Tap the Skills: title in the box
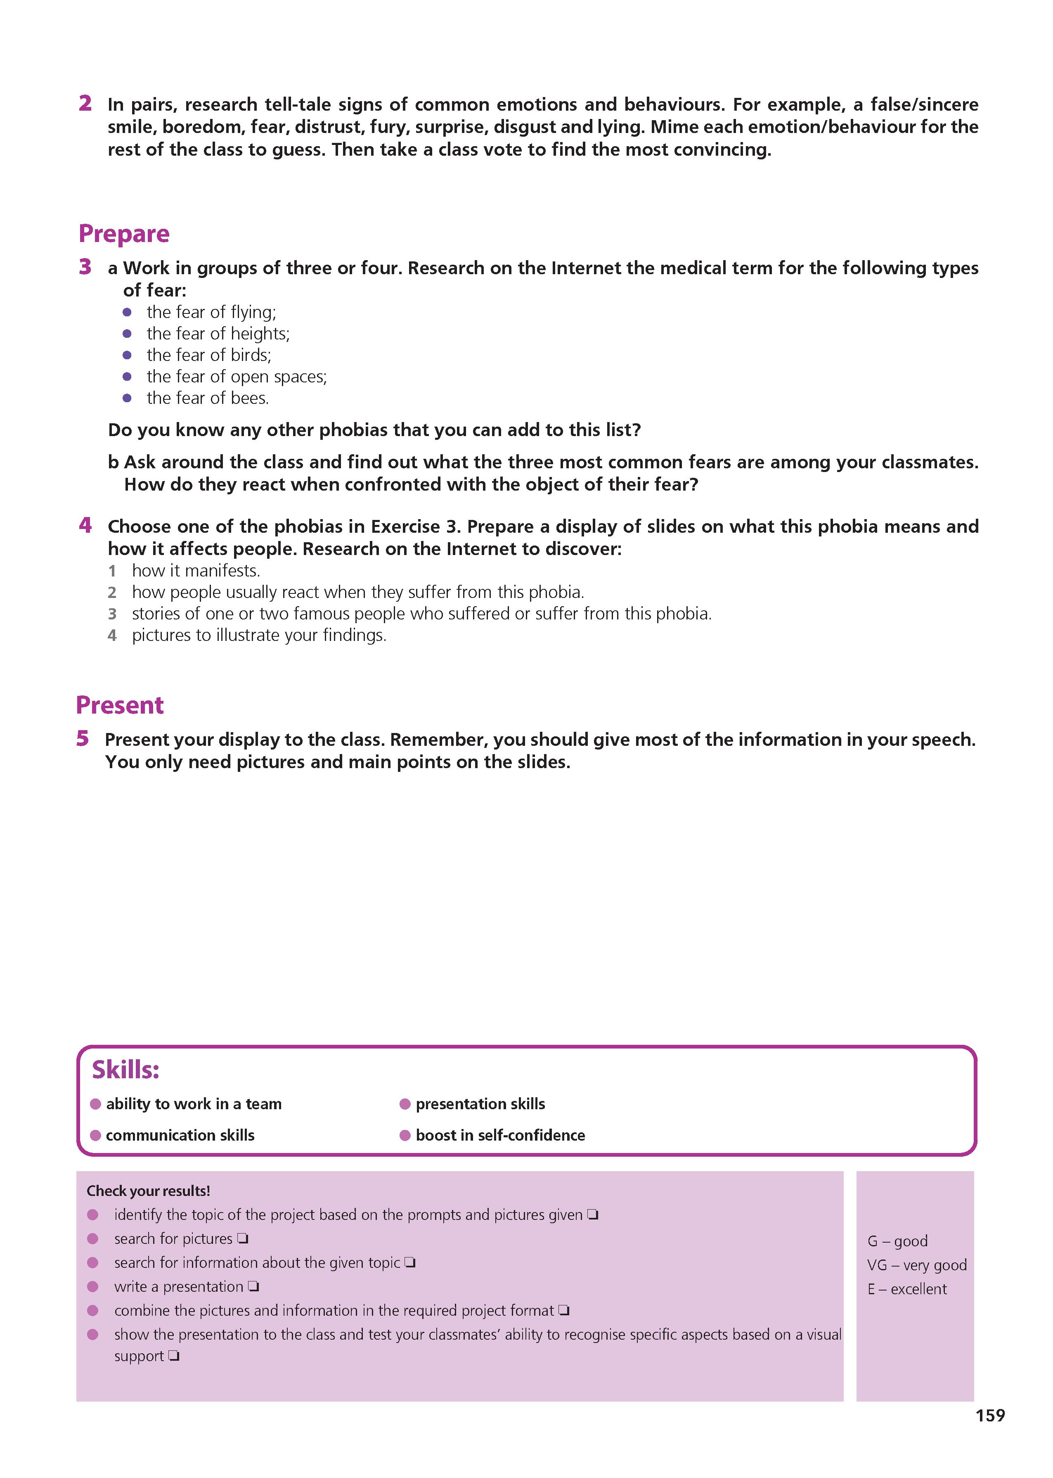coord(125,1070)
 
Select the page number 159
coord(990,1415)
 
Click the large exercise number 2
coord(85,103)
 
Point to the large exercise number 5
coord(82,739)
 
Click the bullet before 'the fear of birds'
coord(127,356)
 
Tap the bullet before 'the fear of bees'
coord(127,398)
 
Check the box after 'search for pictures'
coord(242,1239)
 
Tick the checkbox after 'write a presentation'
coord(253,1287)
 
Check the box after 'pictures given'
coord(593,1215)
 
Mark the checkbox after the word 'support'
coord(174,1356)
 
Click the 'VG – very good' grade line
coord(916,1265)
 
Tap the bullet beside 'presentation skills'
coord(405,1104)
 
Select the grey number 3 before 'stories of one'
coord(112,614)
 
